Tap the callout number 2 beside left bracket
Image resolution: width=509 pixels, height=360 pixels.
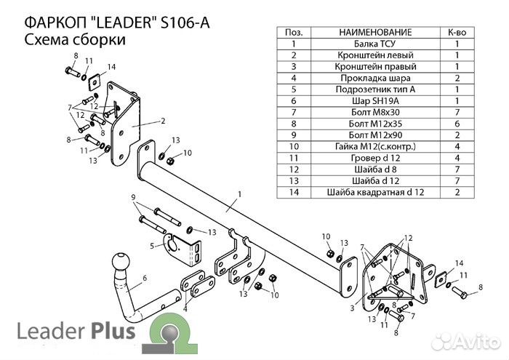[x=164, y=121]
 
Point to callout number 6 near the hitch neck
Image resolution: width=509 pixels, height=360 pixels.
[x=145, y=277]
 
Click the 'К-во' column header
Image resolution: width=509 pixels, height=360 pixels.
[x=456, y=33]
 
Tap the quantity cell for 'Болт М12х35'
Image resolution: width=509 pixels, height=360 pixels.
[x=456, y=124]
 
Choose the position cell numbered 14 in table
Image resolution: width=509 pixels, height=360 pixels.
[x=294, y=192]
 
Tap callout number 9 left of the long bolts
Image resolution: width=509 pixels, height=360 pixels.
[x=133, y=198]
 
